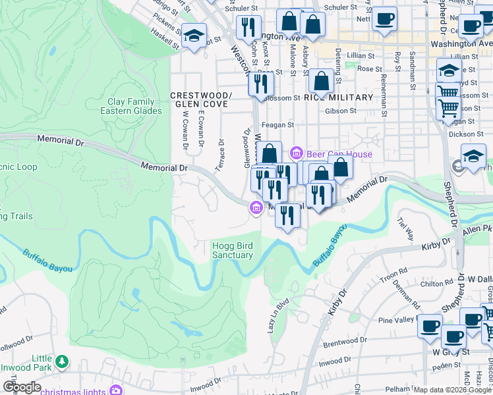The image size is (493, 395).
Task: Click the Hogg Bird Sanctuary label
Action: (232, 250)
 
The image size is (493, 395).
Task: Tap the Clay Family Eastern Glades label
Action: (131, 106)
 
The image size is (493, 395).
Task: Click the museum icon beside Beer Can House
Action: (297, 154)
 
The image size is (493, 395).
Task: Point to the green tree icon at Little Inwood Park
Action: (62, 361)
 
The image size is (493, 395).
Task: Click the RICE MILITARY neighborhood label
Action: (338, 97)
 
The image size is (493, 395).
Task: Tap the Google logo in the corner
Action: (21, 387)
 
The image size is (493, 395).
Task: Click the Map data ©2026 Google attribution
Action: (452, 390)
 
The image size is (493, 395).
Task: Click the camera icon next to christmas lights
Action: (117, 390)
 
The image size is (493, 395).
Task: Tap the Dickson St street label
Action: (461, 134)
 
